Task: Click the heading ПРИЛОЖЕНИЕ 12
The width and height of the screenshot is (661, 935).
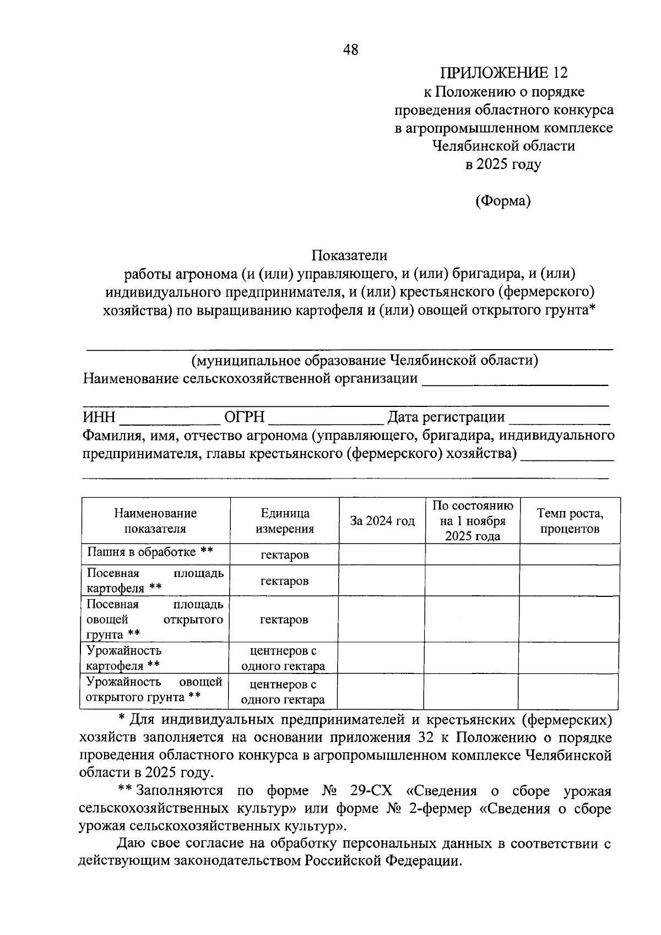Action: click(503, 73)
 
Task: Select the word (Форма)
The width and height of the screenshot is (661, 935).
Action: click(503, 201)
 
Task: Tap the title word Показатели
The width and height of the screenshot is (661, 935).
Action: click(350, 256)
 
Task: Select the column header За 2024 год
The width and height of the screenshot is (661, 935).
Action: click(382, 521)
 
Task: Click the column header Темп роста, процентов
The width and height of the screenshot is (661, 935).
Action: click(570, 521)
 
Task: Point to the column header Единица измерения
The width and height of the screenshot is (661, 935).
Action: click(285, 521)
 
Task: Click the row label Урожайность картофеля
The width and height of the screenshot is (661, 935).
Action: click(124, 658)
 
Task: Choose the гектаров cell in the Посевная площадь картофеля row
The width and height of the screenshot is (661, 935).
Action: click(284, 581)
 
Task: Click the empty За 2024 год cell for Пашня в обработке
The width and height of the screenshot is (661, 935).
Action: click(382, 555)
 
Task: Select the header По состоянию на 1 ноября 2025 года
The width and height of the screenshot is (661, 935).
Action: click(473, 521)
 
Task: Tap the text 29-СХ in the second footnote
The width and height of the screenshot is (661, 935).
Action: click(371, 791)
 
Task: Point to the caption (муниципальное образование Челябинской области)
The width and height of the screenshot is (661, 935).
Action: click(365, 361)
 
